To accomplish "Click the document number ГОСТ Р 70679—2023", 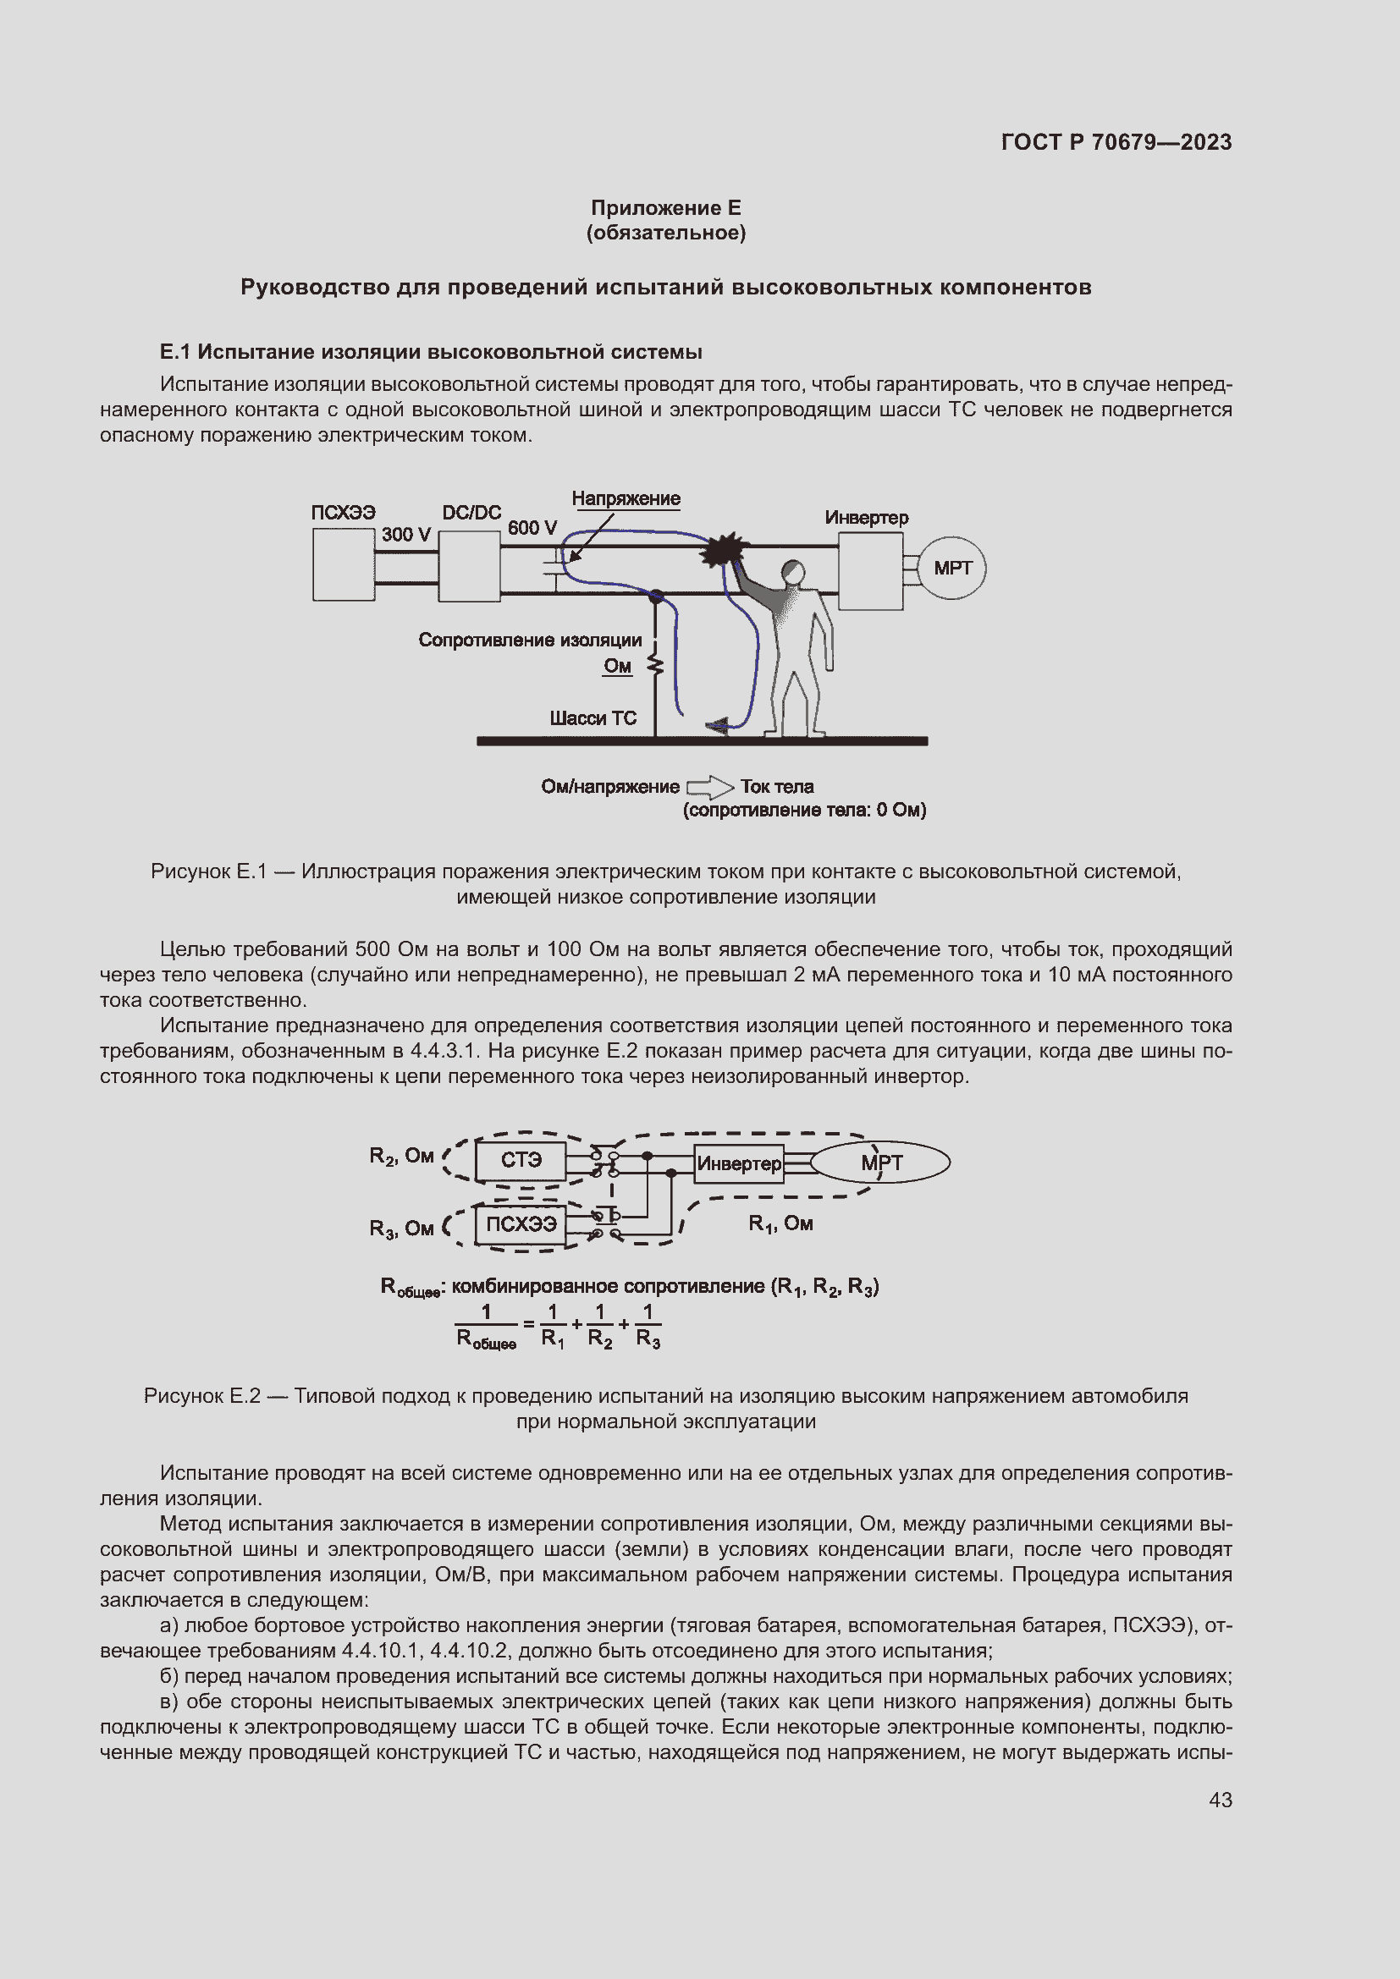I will [x=1116, y=142].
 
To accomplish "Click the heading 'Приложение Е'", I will [x=665, y=208].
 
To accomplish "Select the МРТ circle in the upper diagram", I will [x=951, y=568].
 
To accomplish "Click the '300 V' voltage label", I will [x=405, y=535].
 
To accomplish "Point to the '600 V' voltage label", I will [x=532, y=527].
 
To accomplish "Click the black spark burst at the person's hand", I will [x=722, y=549].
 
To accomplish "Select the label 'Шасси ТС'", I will [x=593, y=718].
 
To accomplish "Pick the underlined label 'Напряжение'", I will [x=626, y=499].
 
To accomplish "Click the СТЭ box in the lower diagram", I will [x=521, y=1160].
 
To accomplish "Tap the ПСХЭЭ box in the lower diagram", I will [x=521, y=1224].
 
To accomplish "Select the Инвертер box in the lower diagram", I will [x=739, y=1163].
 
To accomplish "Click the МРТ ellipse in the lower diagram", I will [x=881, y=1163].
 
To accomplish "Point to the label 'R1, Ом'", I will [x=780, y=1223].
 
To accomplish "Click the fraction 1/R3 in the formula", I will [x=648, y=1325].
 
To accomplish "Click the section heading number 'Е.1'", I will [x=175, y=352].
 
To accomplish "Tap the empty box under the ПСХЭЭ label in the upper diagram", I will [x=343, y=564].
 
